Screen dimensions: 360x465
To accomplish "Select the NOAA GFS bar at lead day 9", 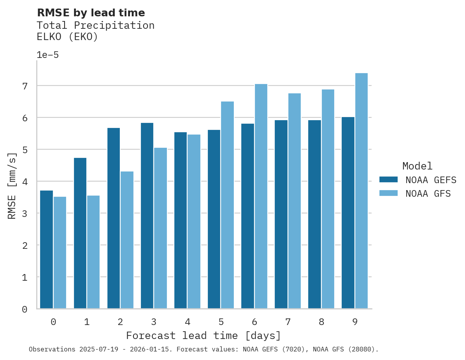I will (x=361, y=191).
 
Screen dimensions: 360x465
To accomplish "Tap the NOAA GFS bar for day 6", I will (x=261, y=196).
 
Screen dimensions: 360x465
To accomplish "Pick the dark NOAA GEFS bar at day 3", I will (x=147, y=216).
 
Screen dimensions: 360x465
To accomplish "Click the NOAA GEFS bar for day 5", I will (x=214, y=219).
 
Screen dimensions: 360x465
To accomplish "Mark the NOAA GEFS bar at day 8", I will (x=314, y=214).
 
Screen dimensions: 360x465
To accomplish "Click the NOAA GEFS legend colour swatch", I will (x=388, y=179).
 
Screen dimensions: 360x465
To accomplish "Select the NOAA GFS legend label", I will (x=428, y=194).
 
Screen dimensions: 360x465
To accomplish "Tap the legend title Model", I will (x=417, y=166).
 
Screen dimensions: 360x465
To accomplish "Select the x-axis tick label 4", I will (x=187, y=322).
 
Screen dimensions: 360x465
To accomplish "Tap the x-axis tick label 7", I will (x=288, y=322).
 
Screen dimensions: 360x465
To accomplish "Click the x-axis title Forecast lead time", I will (x=203, y=336).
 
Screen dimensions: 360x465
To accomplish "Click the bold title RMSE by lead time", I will (x=91, y=13).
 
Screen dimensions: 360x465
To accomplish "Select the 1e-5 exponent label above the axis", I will (x=47, y=55).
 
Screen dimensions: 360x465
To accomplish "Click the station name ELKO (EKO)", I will (x=67, y=37).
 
